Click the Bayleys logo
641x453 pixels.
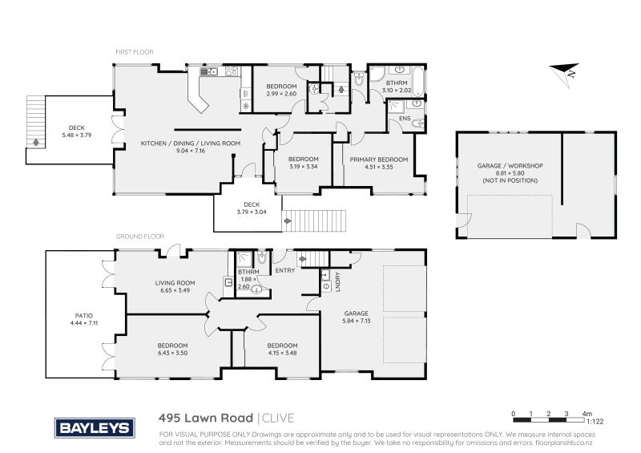coord(93,427)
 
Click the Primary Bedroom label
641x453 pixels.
coord(378,160)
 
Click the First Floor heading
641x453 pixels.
coord(134,52)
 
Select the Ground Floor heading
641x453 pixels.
coord(140,237)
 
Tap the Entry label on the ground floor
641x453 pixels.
coord(285,270)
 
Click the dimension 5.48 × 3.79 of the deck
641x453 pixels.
coord(77,135)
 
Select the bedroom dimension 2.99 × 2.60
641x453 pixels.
coord(281,94)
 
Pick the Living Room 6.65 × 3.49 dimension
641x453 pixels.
coord(175,289)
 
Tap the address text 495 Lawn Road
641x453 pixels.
coord(206,418)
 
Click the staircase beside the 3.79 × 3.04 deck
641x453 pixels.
coord(314,220)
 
